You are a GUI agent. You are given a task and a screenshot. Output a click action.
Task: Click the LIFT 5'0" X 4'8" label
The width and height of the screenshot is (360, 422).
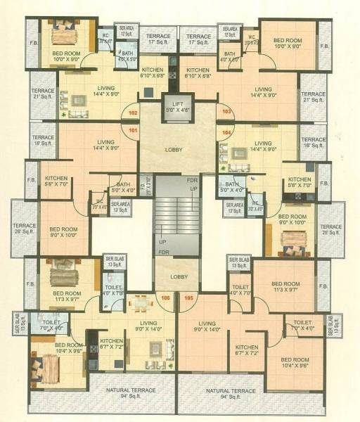tap(177, 106)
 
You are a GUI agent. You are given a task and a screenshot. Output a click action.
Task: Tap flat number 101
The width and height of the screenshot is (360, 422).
tap(134, 129)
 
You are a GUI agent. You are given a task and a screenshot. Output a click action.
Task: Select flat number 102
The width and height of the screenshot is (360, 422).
tap(134, 113)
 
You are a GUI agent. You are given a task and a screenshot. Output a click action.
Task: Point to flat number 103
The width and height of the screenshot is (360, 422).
tap(226, 112)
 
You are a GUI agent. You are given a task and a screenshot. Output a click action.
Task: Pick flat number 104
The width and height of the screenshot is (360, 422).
tap(226, 132)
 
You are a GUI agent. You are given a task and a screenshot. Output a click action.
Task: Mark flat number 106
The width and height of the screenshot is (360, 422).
tap(166, 298)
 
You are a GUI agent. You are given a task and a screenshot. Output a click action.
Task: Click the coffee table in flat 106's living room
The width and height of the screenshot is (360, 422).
tap(154, 345)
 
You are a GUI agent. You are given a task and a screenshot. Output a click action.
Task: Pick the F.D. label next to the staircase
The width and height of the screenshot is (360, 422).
tap(143, 184)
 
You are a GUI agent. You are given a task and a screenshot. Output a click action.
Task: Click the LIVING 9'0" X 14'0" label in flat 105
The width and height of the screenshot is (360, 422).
tap(207, 326)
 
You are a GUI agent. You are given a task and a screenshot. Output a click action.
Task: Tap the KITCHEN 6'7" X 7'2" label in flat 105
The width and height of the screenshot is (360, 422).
tap(247, 350)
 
